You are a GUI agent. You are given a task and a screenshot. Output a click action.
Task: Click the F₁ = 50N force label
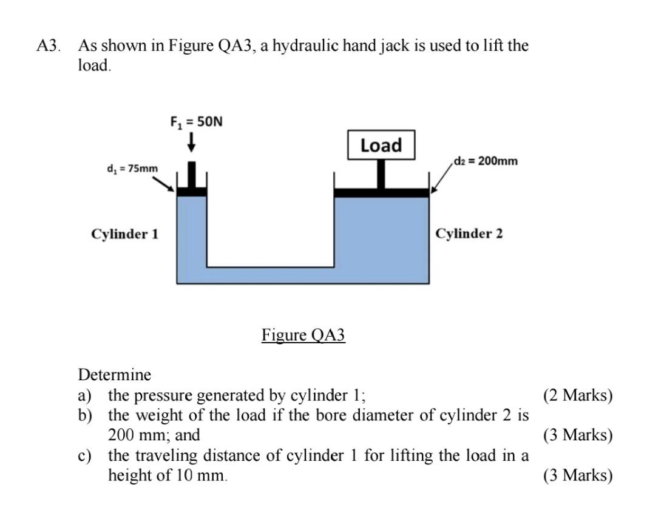coord(196,122)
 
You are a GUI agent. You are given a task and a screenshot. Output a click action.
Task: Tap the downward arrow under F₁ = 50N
coord(191,143)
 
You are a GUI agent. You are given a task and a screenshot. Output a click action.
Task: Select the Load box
coord(381,145)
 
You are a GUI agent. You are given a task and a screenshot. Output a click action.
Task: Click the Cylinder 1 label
coord(124,233)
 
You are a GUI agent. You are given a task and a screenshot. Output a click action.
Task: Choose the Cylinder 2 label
coord(469,233)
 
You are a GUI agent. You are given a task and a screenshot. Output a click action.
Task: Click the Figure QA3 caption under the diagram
coord(303,335)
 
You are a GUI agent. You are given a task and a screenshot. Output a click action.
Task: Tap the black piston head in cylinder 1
coord(191,190)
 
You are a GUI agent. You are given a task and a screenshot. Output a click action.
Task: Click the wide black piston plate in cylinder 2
coord(382,192)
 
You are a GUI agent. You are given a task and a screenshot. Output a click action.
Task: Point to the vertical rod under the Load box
coord(381,173)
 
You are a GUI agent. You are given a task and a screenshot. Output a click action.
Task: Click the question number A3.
coord(48,46)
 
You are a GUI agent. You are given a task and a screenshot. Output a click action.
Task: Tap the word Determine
coord(115,374)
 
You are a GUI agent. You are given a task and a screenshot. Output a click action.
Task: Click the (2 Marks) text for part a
coord(578,395)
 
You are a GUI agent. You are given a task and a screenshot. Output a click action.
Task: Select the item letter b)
coord(84,415)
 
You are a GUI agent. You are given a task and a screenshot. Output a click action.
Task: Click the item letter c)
coord(84,455)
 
